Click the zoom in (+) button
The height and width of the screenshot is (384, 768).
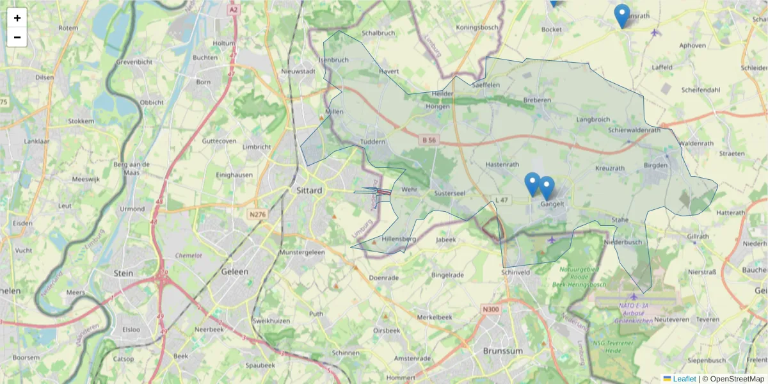tap(17, 18)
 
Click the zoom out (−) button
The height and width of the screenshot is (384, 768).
tap(17, 37)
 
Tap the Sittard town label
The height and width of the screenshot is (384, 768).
tap(310, 190)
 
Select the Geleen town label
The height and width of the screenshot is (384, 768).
tap(234, 271)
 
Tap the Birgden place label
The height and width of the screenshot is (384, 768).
tap(655, 165)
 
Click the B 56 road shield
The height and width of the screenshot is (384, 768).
tap(428, 139)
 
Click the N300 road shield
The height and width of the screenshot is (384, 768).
tap(491, 310)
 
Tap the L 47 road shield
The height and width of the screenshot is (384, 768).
tap(501, 200)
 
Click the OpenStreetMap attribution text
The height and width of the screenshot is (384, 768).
tap(733, 379)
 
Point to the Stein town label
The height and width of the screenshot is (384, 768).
tap(123, 273)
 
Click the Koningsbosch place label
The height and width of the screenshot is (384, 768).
tap(477, 28)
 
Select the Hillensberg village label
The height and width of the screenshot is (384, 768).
tap(399, 239)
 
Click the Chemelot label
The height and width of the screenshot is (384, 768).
tap(189, 255)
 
